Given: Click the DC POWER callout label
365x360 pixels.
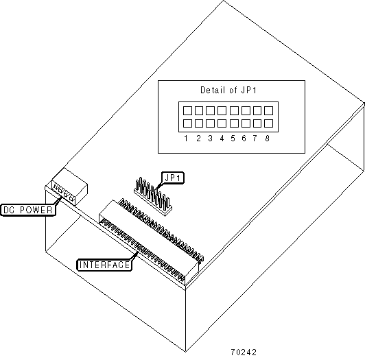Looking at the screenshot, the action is coord(28,210).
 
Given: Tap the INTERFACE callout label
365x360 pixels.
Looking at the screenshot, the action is coord(104,265).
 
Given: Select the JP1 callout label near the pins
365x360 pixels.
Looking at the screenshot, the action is coord(172,178).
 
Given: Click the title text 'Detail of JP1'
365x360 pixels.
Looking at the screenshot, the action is coord(228,90).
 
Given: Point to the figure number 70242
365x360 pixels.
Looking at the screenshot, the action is coord(244,352).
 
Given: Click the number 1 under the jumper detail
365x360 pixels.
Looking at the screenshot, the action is coord(186,139).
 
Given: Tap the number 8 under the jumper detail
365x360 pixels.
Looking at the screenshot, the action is coord(268,139).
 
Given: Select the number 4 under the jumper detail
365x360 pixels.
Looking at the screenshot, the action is coord(222,139).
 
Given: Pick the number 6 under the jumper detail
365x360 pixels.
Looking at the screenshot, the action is coord(244,139).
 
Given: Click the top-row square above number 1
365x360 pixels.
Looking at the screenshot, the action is coord(187,110).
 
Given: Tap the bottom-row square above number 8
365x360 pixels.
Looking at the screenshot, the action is coord(269,123).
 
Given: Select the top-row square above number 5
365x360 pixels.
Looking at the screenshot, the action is coord(234,110).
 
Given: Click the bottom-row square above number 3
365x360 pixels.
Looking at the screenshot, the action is coord(210,123).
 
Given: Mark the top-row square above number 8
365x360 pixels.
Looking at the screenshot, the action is coord(269,110).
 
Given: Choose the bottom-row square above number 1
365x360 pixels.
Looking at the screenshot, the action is coord(187,123).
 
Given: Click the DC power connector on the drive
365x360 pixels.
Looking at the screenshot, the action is coord(69,187).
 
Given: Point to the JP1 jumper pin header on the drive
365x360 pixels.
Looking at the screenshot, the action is coord(153,196).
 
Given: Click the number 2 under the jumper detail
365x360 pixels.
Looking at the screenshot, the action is coord(198,139).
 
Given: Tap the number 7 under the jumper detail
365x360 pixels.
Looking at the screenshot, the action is coord(255,139).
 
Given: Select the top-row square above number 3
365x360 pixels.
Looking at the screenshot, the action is coord(210,110).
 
